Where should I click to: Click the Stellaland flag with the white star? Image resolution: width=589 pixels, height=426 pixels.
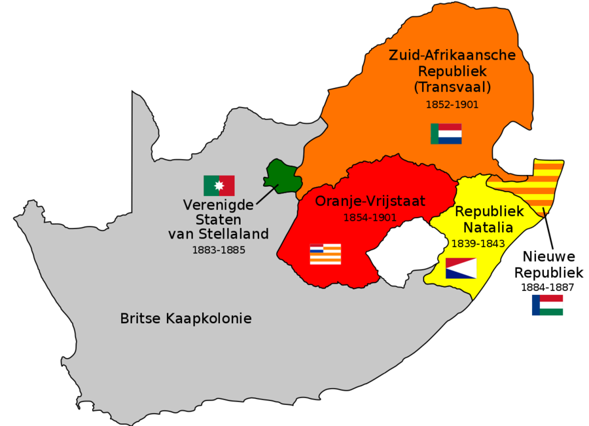pos(219,185)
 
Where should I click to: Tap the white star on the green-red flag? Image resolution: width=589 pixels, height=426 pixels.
pos(219,186)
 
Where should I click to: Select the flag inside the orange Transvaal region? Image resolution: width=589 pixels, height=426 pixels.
pos(446,134)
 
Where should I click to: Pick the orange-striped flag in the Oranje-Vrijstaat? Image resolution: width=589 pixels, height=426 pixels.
pos(325,254)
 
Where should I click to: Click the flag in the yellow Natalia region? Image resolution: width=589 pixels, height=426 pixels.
pos(461,268)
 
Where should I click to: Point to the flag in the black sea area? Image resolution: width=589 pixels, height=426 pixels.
pos(547,305)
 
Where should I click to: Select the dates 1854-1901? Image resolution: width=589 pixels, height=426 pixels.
pos(370,217)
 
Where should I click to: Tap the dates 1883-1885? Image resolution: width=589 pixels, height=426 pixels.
pos(219,250)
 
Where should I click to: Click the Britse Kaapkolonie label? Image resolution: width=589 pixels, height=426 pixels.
pos(186,319)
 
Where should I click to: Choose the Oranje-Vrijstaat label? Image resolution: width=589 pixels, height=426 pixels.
pos(370,201)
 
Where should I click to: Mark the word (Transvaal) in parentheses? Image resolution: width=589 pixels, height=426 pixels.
pos(452,87)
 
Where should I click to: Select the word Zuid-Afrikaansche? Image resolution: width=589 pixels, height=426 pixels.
pos(452,55)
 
